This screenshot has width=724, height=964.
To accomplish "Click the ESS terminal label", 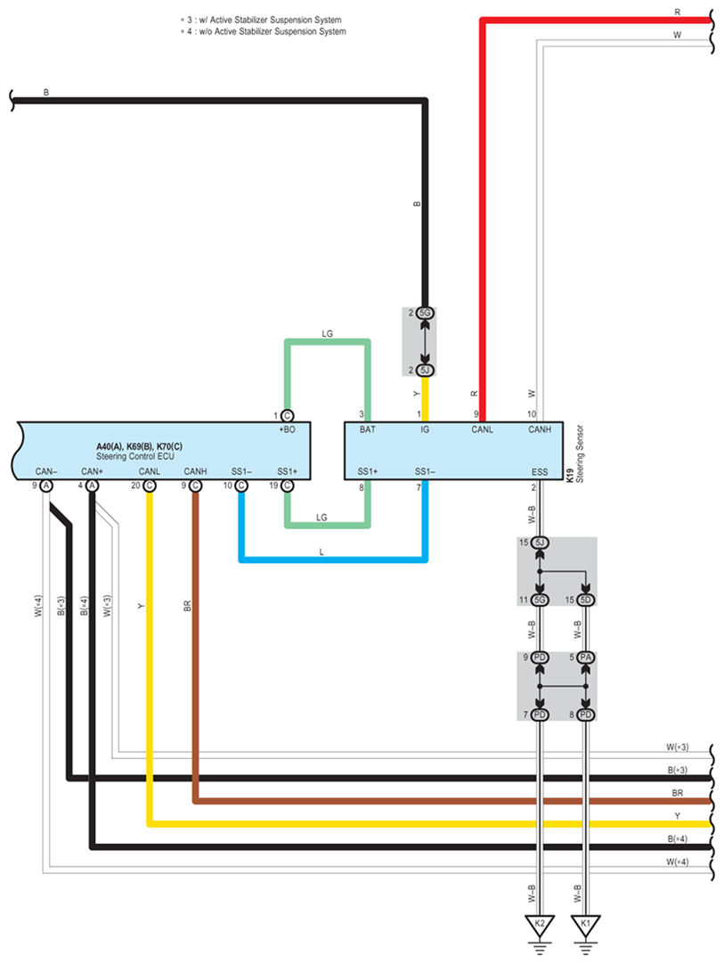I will pyautogui.click(x=540, y=471).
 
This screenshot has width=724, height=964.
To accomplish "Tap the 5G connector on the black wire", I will pyautogui.click(x=425, y=314).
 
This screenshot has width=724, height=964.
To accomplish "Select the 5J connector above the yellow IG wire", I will pyautogui.click(x=425, y=370).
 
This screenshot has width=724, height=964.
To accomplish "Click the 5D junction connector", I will pyautogui.click(x=585, y=600).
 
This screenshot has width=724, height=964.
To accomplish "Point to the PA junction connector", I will pyautogui.click(x=585, y=658).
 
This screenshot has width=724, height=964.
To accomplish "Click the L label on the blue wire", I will pyautogui.click(x=321, y=552).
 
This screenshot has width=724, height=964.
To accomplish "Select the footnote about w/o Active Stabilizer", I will pyautogui.click(x=263, y=32).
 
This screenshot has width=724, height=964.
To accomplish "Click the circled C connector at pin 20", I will pyautogui.click(x=149, y=486).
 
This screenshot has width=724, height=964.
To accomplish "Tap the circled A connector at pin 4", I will pyautogui.click(x=93, y=486).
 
